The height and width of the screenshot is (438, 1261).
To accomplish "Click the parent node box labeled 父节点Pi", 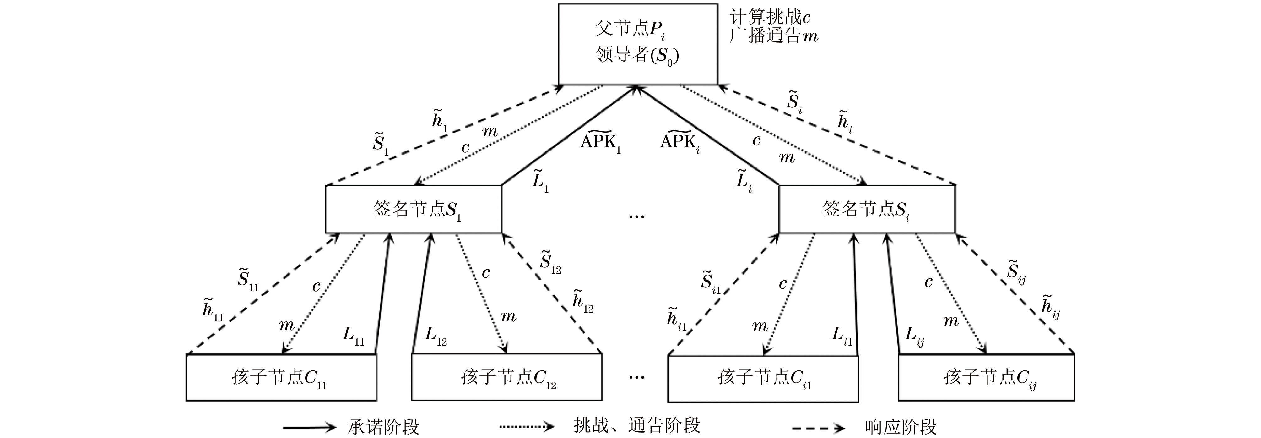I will click(637, 44).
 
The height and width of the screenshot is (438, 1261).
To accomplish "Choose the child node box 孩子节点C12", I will click(507, 378).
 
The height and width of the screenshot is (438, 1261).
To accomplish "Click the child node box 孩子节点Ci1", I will click(763, 378).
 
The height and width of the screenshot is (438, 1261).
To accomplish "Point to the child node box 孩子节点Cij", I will click(986, 378).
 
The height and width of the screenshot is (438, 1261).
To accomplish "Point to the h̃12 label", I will click(582, 300).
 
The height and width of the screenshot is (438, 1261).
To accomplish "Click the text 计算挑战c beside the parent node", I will click(770, 18).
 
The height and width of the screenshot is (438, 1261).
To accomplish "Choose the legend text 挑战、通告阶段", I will click(637, 425).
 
